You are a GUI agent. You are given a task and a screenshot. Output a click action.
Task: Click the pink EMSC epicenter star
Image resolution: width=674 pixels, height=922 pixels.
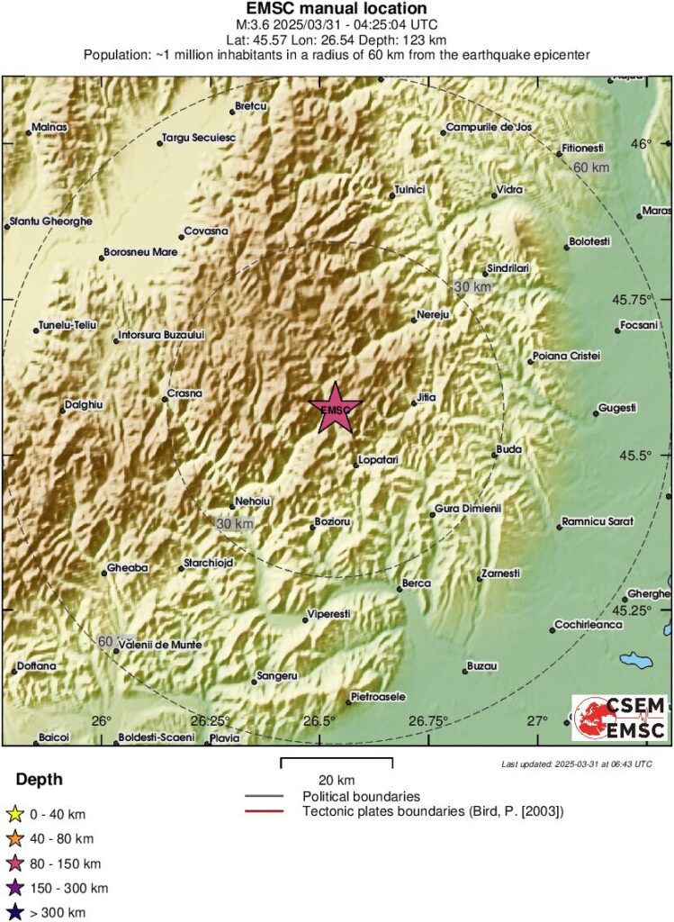pyautogui.click(x=336, y=410)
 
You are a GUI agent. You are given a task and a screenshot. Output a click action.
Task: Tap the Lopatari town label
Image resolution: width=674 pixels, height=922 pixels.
pyautogui.click(x=378, y=460)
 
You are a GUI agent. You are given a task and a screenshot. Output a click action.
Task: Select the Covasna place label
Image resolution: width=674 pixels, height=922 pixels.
pyautogui.click(x=206, y=231)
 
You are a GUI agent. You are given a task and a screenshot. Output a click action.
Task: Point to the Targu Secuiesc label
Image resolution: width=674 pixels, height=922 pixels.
pyautogui.click(x=198, y=139)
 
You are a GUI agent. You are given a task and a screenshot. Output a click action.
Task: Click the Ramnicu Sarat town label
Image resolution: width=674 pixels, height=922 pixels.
pyautogui.click(x=598, y=521)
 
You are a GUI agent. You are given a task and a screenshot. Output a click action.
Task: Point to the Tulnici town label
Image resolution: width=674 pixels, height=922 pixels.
pyautogui.click(x=409, y=190)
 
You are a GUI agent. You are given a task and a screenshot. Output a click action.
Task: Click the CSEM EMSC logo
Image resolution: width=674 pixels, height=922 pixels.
pyautogui.click(x=620, y=718)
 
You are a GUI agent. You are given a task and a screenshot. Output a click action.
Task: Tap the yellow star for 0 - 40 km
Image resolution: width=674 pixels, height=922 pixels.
pyautogui.click(x=14, y=815)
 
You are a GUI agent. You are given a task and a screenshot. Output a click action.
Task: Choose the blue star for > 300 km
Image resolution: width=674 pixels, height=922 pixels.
pyautogui.click(x=14, y=912)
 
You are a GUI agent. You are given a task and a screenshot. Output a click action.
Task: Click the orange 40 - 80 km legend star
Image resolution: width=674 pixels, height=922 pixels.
pyautogui.click(x=14, y=839)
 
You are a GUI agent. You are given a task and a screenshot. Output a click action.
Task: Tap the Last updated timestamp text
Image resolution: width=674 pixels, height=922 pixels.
pyautogui.click(x=576, y=764)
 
